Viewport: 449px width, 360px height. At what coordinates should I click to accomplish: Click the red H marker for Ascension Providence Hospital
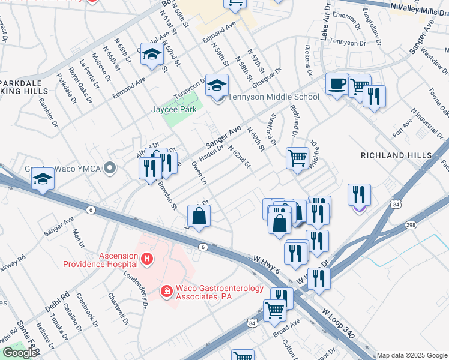(146, 259)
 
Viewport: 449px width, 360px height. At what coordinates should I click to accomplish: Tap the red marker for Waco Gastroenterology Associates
(166, 291)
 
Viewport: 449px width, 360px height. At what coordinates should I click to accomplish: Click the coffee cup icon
(337, 83)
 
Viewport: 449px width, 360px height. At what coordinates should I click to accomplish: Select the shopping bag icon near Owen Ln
(199, 215)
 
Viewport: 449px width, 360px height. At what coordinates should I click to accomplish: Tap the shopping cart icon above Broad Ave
(274, 310)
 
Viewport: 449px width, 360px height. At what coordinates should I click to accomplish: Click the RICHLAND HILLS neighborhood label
(396, 155)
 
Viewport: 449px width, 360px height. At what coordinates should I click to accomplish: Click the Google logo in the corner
(20, 353)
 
